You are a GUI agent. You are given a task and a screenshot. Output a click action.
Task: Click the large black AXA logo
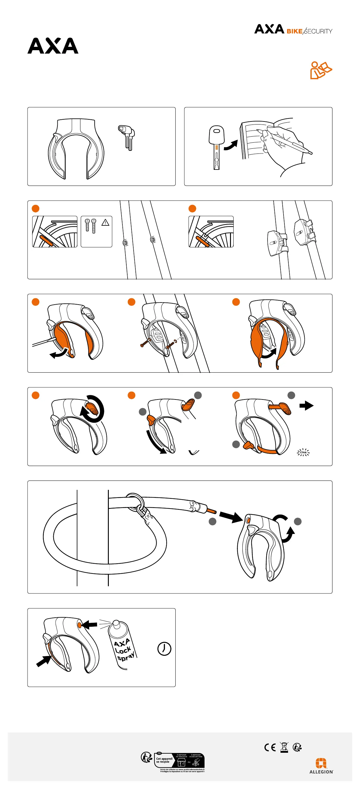[53, 46]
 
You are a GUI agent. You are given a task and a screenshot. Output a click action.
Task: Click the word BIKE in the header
[294, 31]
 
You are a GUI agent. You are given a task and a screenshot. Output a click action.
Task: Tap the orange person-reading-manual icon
[320, 70]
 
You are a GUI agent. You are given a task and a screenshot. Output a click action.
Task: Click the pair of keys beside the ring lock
[127, 137]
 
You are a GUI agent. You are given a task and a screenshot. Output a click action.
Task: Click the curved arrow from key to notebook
[231, 145]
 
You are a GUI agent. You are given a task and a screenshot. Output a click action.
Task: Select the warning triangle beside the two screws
[105, 223]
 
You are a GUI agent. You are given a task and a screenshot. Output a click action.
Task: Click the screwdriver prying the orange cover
[44, 341]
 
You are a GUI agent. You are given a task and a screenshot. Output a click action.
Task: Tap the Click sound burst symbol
[303, 452]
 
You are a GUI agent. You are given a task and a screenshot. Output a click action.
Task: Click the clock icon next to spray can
[164, 648]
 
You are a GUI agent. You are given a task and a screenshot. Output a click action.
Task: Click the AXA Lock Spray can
[122, 644]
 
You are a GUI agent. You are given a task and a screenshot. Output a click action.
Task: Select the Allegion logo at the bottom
[321, 766]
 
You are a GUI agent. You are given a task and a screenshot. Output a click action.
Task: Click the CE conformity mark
[270, 747]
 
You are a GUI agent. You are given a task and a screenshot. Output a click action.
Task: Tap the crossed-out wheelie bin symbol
[284, 747]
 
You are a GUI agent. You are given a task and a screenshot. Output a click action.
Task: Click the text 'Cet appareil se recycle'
[164, 760]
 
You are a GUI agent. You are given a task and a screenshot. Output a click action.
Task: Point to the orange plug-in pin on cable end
[211, 511]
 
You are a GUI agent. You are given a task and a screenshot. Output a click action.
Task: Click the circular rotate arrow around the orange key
[93, 409]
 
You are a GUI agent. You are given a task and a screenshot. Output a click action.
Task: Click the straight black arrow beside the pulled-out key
[306, 406]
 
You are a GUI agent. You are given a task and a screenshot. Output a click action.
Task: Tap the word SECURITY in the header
[319, 31]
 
